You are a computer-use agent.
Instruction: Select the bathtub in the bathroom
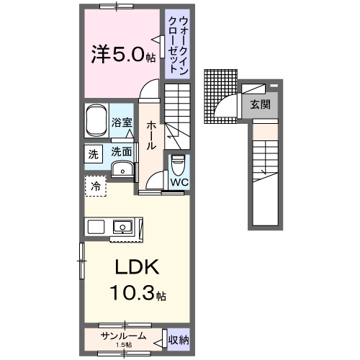point(96,122)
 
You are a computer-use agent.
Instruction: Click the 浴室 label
point(122,123)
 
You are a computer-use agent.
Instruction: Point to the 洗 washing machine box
point(93,153)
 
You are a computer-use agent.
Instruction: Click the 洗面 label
point(121,152)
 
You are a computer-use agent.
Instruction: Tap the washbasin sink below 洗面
point(124,170)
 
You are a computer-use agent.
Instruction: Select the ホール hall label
point(151,135)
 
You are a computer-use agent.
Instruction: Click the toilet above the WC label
point(179,165)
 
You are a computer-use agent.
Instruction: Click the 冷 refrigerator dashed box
point(95,186)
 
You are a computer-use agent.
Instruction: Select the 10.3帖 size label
point(138,294)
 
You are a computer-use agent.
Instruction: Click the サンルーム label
point(124,336)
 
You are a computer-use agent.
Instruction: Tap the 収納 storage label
point(179,337)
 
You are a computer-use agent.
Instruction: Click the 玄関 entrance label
point(260,105)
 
